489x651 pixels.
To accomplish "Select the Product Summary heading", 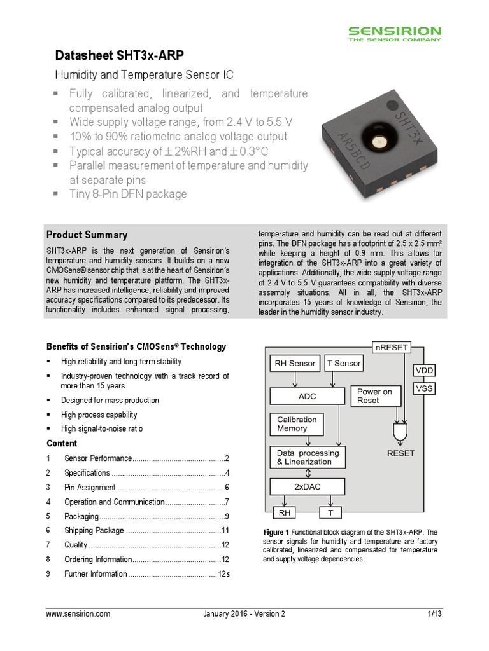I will (x=87, y=235).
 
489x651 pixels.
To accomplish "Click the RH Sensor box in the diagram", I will (x=294, y=364).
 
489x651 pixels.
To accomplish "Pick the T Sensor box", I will (x=344, y=364).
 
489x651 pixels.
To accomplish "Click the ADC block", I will (x=307, y=396).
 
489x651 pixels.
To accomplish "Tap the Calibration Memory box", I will (x=297, y=424).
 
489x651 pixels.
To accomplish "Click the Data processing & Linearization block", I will (x=308, y=457).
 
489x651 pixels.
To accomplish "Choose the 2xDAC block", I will (x=308, y=486).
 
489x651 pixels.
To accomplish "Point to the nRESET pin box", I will (x=392, y=347).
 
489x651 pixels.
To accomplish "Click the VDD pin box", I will (x=424, y=370).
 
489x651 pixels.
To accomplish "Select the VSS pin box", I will (x=424, y=388).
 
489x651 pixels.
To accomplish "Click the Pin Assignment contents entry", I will (x=90, y=487).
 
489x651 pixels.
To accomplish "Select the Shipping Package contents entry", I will (x=94, y=530).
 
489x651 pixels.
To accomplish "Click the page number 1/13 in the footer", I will (x=434, y=614).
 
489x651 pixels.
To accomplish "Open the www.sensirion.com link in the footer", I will (x=79, y=614).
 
